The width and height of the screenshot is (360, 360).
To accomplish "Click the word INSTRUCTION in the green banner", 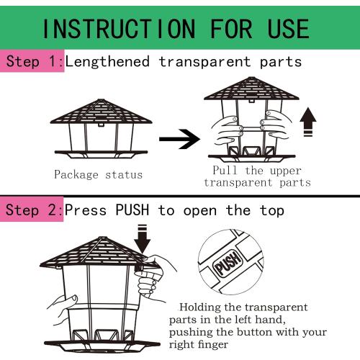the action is pyautogui.click(x=119, y=29).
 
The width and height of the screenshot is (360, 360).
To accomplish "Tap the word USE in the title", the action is pyautogui.click(x=288, y=29).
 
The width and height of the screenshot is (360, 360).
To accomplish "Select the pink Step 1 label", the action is pyautogui.click(x=32, y=61).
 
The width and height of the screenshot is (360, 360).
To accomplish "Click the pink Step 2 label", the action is pyautogui.click(x=32, y=210).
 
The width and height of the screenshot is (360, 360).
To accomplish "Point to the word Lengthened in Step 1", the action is pyautogui.click(x=107, y=61).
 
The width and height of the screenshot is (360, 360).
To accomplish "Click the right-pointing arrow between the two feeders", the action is pyautogui.click(x=179, y=139).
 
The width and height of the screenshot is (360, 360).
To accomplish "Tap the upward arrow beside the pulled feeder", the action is pyautogui.click(x=308, y=122).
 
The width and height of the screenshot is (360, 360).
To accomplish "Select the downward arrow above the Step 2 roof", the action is pyautogui.click(x=142, y=239).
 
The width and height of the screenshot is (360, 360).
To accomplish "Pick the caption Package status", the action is pyautogui.click(x=98, y=174).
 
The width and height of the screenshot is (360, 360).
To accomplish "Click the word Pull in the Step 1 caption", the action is pyautogui.click(x=225, y=170).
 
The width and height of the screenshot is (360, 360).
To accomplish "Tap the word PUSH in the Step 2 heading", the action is pyautogui.click(x=132, y=210).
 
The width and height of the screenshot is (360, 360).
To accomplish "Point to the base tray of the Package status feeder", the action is pyautogui.click(x=101, y=154).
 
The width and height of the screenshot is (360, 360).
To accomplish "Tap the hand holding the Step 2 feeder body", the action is pyautogui.click(x=63, y=310).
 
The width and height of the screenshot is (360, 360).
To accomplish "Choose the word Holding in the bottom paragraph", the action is pyautogui.click(x=200, y=307).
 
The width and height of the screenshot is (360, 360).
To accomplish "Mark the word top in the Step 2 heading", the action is pyautogui.click(x=272, y=211).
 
